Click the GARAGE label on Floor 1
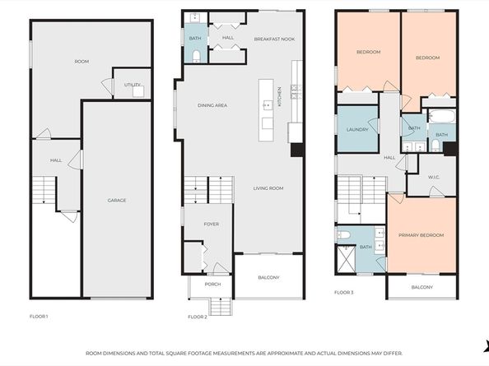click(117, 201)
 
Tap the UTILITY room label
click(133, 85)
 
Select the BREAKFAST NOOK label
click(274, 39)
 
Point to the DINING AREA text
click(212, 105)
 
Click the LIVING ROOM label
click(268, 188)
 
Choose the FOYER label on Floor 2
click(211, 224)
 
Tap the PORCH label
click(212, 284)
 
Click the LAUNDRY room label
click(357, 130)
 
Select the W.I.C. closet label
click(434, 177)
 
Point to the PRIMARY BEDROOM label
click(421, 235)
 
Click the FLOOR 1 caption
click(39, 317)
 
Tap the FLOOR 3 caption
click(343, 293)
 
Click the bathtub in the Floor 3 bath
click(442, 116)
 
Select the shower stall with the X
click(347, 259)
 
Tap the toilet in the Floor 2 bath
click(196, 57)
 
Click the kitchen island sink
click(268, 105)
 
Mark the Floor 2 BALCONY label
click(269, 277)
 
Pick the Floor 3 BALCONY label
click(422, 287)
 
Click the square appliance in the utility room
click(138, 92)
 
